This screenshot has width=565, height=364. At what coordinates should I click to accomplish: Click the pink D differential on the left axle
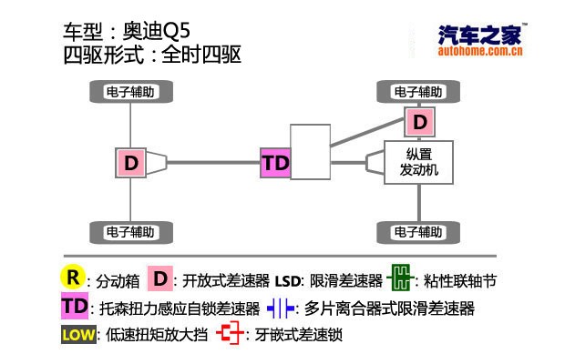pyautogui.click(x=132, y=163)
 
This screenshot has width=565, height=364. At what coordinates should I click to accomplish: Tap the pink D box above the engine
pyautogui.click(x=418, y=121)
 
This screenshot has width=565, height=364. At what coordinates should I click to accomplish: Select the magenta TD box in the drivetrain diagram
pyautogui.click(x=274, y=164)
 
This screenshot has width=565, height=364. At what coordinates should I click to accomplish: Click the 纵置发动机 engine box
pyautogui.click(x=417, y=162)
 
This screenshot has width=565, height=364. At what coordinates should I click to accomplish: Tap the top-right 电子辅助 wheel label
pyautogui.click(x=419, y=92)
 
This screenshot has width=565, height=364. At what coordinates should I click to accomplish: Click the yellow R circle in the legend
pyautogui.click(x=73, y=277)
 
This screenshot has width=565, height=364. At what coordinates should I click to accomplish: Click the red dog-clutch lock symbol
pyautogui.click(x=231, y=334)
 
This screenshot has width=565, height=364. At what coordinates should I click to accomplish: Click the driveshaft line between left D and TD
pyautogui.click(x=214, y=164)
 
